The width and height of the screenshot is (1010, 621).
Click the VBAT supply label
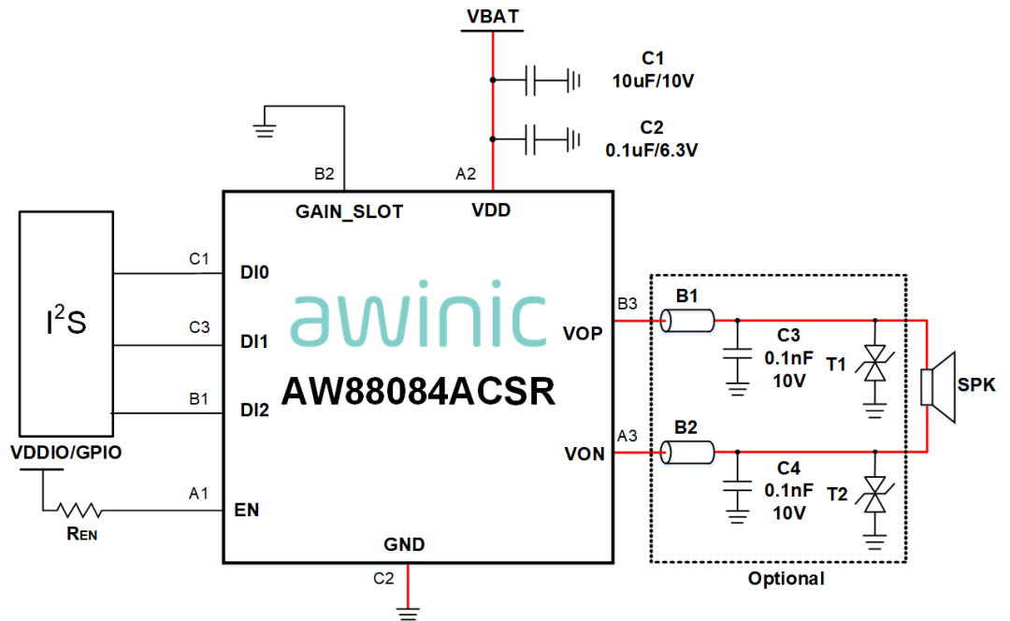492,17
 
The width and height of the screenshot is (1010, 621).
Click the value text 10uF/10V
652,80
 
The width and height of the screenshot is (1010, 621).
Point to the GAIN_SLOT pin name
349,212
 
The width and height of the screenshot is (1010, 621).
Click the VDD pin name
491,210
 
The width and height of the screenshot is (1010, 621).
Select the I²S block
65,323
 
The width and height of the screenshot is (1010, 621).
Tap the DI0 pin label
254,274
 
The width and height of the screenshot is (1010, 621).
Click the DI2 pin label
254,409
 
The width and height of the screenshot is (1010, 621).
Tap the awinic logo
418,320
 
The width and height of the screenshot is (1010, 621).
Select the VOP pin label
583,333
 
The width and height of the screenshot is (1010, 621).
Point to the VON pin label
584,455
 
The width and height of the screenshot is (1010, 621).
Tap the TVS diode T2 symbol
875,494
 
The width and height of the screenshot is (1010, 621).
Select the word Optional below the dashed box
786,578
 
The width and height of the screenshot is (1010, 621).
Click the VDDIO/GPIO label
65,454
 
